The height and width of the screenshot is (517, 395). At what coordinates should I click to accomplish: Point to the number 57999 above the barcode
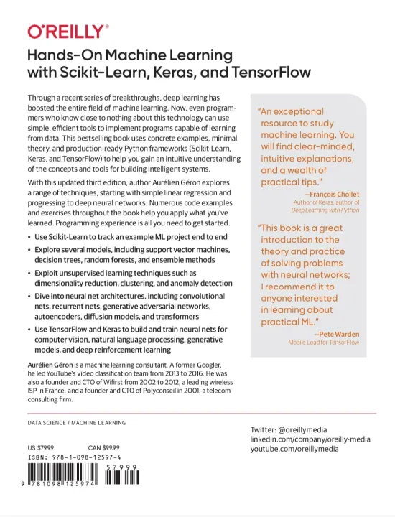tap(121, 466)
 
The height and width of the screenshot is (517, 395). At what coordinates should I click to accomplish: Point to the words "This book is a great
tap(302, 228)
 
